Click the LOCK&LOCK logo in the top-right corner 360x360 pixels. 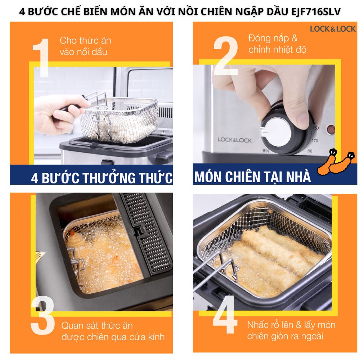[x=333, y=29]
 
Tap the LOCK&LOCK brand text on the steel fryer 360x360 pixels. [x=234, y=140]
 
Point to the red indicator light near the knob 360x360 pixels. [x=330, y=129]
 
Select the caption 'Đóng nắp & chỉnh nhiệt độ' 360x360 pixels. [x=277, y=44]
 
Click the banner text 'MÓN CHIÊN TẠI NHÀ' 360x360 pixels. [x=252, y=177]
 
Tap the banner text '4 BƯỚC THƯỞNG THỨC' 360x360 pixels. [x=102, y=178]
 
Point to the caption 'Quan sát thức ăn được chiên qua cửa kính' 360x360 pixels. [x=113, y=331]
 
